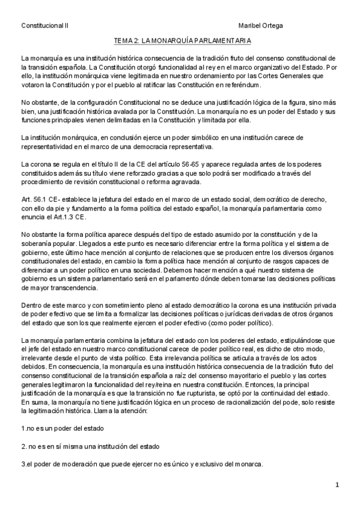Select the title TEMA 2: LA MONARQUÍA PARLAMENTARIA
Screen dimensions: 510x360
pos(183,41)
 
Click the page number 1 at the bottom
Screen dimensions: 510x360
pos(338,485)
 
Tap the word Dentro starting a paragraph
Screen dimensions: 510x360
pos(31,306)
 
